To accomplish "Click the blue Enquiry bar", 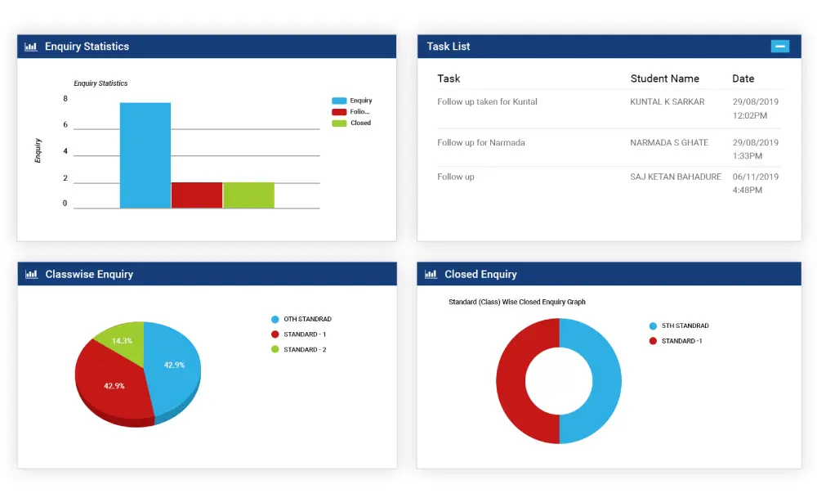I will pyautogui.click(x=145, y=155).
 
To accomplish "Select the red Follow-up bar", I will pyautogui.click(x=197, y=195).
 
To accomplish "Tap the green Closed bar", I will pyautogui.click(x=248, y=195).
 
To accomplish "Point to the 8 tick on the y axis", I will pyautogui.click(x=65, y=99).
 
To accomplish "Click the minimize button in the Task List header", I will pyautogui.click(x=780, y=47).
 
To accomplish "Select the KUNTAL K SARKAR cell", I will pyautogui.click(x=667, y=102).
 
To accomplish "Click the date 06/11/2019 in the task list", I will pyautogui.click(x=756, y=177).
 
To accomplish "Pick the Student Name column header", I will pyautogui.click(x=664, y=79).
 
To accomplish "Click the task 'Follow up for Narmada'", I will pyautogui.click(x=481, y=143).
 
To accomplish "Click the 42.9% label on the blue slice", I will pyautogui.click(x=175, y=365).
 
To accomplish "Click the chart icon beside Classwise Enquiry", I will pyautogui.click(x=31, y=275).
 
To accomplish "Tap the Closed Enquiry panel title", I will pyautogui.click(x=480, y=275).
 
